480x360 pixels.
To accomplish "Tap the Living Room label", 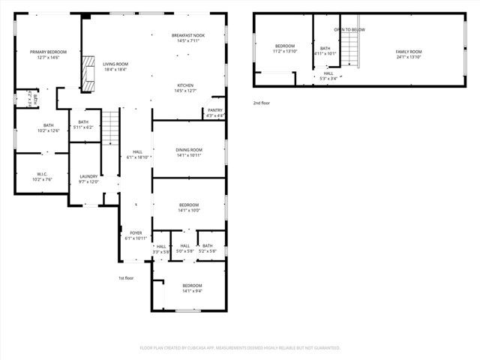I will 115,65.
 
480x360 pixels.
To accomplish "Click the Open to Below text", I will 349,29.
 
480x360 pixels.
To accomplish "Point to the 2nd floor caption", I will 262,102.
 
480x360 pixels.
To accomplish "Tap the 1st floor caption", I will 126,278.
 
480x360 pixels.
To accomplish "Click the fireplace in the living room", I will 89,73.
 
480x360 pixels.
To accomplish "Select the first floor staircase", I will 110,127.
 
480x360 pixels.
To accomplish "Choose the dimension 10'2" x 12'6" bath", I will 49,130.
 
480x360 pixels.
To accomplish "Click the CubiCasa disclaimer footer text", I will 240,348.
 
